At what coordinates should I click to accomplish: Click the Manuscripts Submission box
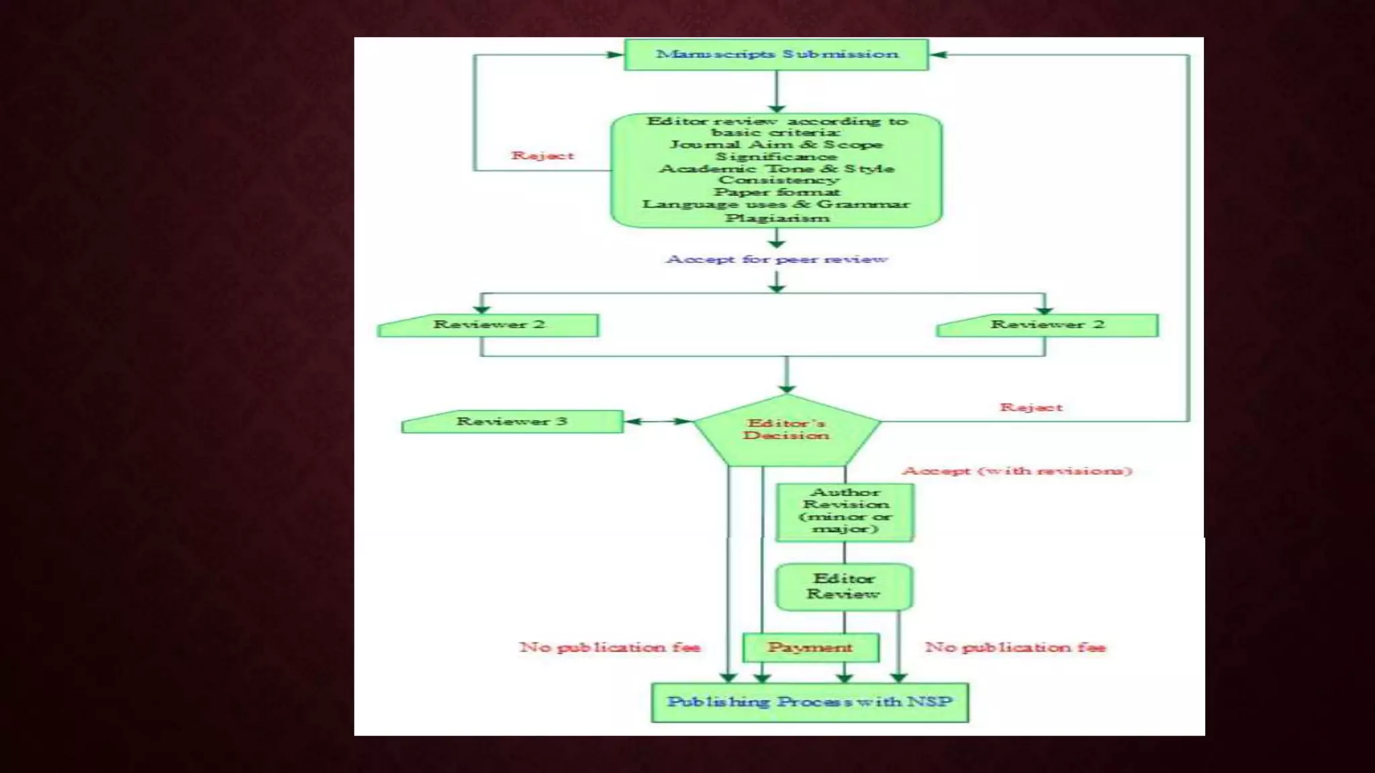[x=776, y=54]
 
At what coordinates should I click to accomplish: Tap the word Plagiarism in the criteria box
[x=777, y=218]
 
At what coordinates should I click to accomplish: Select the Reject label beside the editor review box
[x=542, y=156]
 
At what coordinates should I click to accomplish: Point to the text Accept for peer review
[x=777, y=259]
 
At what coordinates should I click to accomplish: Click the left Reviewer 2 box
[x=488, y=325]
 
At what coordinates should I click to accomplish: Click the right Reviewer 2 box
[x=1047, y=325]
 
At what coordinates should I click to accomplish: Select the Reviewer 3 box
[x=512, y=421]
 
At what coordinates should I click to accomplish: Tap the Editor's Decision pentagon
[x=786, y=429]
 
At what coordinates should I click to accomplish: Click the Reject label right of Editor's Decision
[x=1031, y=407]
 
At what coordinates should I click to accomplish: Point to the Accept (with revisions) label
[x=1017, y=471]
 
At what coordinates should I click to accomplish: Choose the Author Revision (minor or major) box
[x=845, y=511]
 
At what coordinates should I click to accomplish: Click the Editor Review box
[x=844, y=586]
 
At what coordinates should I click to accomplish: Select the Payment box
[x=810, y=648]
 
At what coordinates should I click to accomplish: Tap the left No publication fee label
[x=610, y=648]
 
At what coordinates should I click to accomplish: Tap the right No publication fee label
[x=1015, y=648]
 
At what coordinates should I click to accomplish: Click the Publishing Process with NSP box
[x=810, y=703]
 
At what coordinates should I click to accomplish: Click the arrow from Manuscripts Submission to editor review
[x=777, y=91]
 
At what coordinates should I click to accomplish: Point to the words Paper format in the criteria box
[x=777, y=193]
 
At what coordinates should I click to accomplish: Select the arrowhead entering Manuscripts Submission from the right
[x=938, y=55]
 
